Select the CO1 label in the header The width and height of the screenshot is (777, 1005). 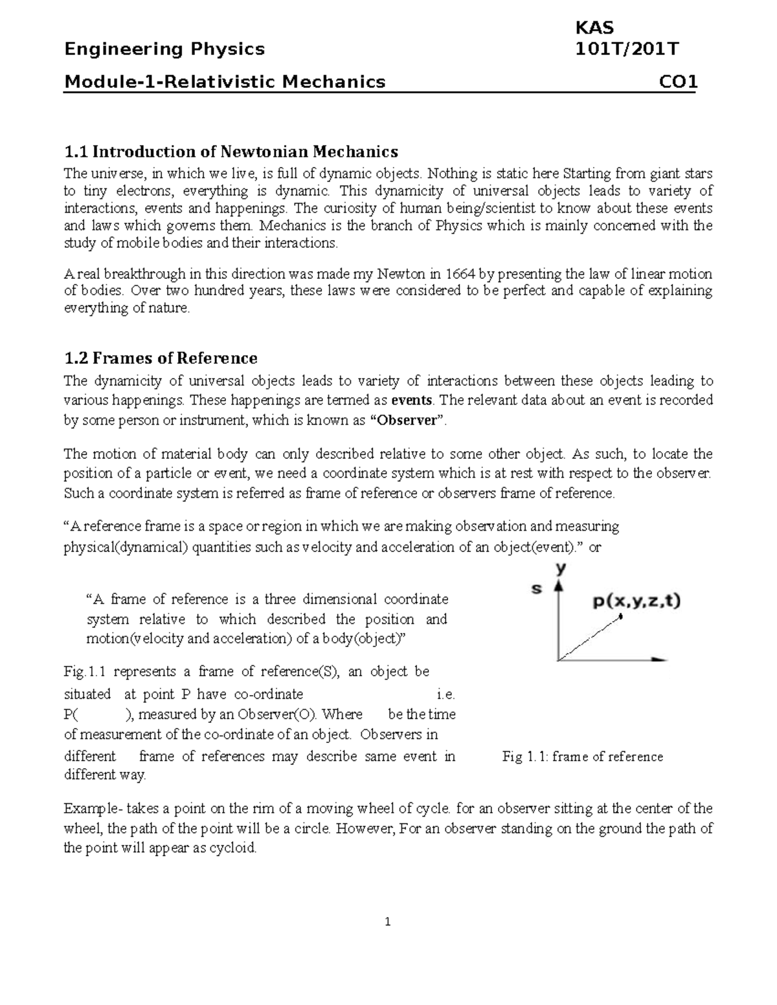click(677, 82)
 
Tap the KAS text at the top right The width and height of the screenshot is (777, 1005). click(594, 28)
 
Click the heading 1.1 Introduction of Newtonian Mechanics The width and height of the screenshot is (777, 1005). click(231, 152)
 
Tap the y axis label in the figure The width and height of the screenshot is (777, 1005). click(561, 568)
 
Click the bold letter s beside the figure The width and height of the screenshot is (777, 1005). click(537, 589)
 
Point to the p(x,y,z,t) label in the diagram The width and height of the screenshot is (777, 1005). click(636, 601)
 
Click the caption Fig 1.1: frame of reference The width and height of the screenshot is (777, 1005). click(583, 757)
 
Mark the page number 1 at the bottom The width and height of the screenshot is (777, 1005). click(387, 923)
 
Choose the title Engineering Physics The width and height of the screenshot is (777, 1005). click(164, 50)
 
